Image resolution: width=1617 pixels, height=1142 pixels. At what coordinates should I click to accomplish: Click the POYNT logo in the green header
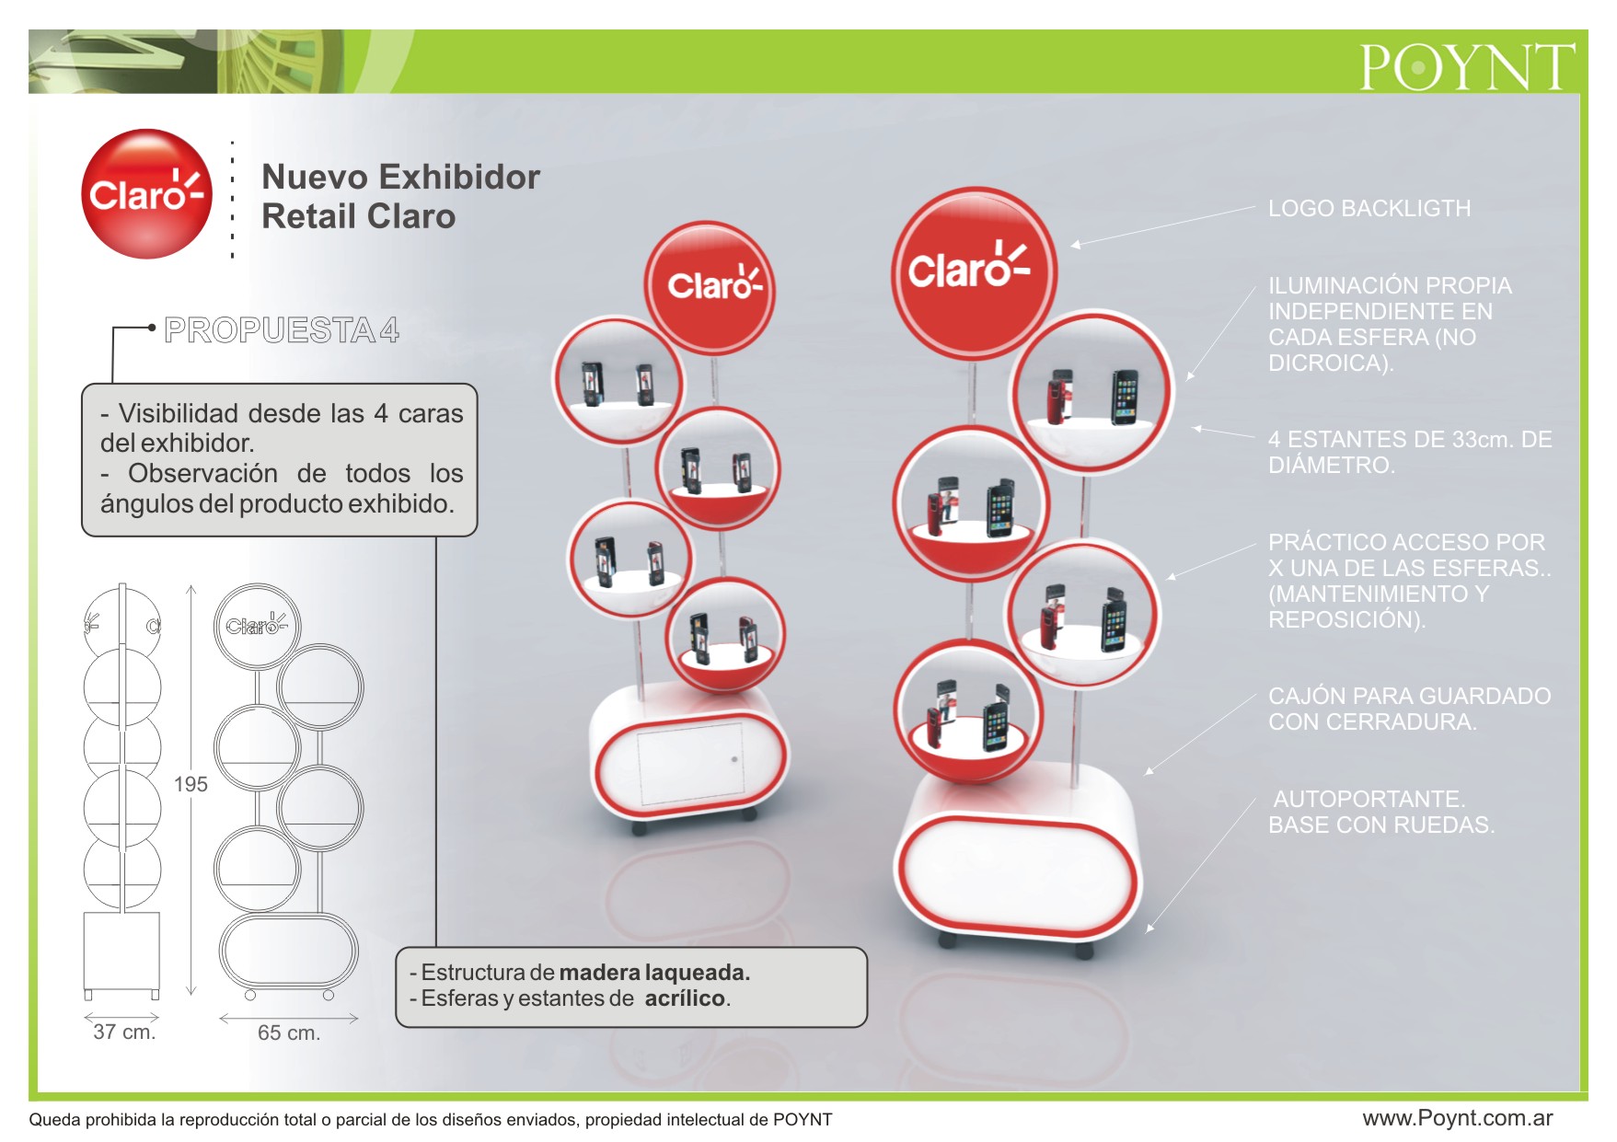tap(1467, 66)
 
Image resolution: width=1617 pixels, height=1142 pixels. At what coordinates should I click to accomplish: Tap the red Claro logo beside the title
tap(147, 194)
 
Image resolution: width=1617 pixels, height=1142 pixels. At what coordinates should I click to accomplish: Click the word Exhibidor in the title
tap(459, 177)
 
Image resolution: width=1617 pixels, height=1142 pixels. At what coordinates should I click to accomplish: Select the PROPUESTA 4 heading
tap(282, 330)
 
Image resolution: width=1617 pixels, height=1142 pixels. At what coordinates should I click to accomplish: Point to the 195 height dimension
tap(191, 784)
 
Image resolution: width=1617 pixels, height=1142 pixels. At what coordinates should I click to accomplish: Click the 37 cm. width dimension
tap(124, 1032)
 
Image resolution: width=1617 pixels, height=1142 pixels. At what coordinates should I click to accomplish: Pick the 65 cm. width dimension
tap(289, 1032)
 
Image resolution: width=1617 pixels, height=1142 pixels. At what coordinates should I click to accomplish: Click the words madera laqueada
tap(654, 973)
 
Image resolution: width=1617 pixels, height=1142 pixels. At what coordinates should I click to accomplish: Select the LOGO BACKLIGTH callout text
tap(1369, 209)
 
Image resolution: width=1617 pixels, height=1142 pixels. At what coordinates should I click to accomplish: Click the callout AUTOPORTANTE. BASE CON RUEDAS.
tap(1381, 812)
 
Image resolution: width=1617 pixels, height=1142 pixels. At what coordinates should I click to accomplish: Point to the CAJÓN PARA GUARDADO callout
tap(1410, 709)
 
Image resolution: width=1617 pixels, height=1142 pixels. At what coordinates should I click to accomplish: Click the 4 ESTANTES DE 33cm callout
tap(1410, 452)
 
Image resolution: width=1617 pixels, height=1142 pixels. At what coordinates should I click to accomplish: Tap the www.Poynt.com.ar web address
tap(1458, 1118)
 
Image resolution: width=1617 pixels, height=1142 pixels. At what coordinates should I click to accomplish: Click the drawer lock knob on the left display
tap(734, 759)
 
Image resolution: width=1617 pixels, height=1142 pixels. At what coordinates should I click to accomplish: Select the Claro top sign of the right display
tap(973, 272)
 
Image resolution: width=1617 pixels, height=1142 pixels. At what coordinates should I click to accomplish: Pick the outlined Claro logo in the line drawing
tap(258, 626)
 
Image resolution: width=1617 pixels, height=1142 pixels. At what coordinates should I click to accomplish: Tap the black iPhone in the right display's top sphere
tap(1124, 397)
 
